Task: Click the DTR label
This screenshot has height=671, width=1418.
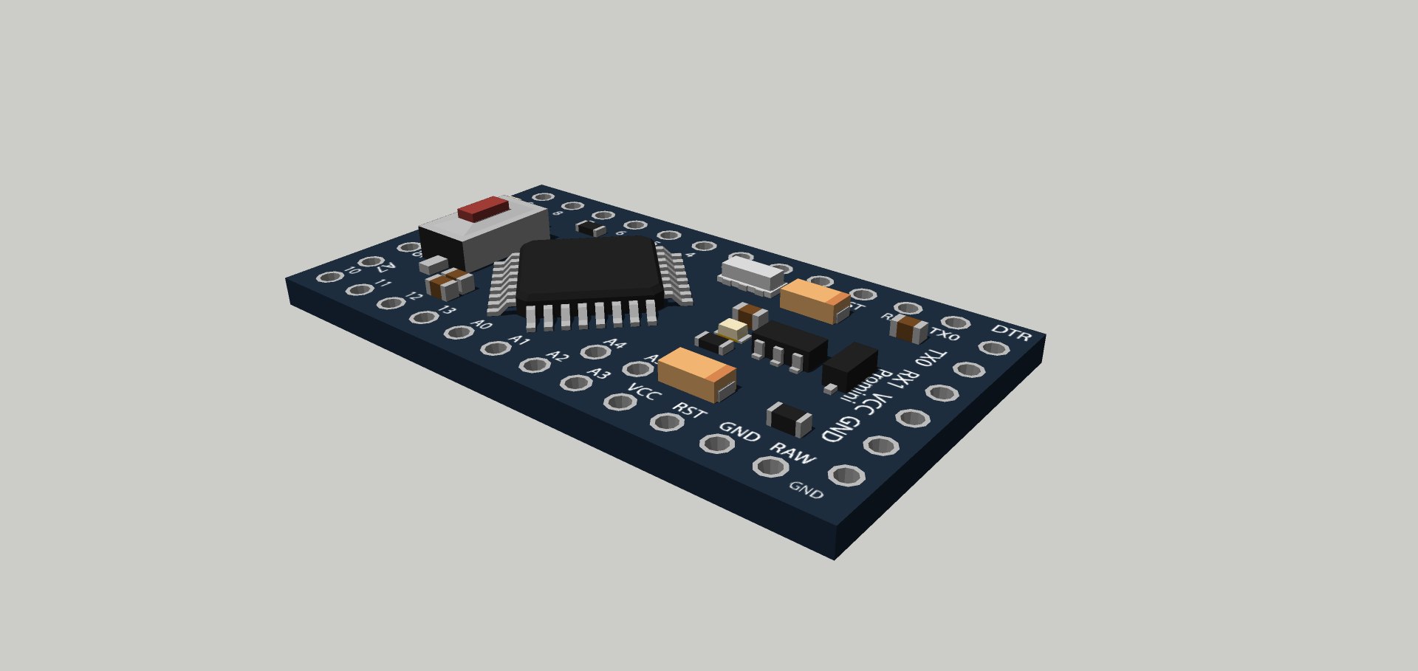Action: coord(1010,333)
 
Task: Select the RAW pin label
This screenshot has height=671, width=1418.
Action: coord(792,453)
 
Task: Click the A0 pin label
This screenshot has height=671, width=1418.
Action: coord(482,324)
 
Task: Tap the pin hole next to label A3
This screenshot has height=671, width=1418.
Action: coord(574,382)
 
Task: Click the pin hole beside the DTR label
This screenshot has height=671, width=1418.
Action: coord(993,348)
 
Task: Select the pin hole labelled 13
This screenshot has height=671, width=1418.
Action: coord(424,317)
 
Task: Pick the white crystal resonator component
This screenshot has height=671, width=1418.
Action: coord(751,272)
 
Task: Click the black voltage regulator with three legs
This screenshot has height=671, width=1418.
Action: coord(788,345)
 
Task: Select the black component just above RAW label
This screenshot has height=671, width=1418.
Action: coord(790,419)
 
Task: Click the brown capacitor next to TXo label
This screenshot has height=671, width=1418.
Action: coord(909,328)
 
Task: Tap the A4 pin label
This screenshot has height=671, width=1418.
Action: coord(614,343)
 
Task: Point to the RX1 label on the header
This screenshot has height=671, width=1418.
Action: coord(902,382)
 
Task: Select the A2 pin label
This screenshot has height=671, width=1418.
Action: coord(558,357)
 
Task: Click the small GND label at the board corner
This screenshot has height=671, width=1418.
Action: coord(806,490)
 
